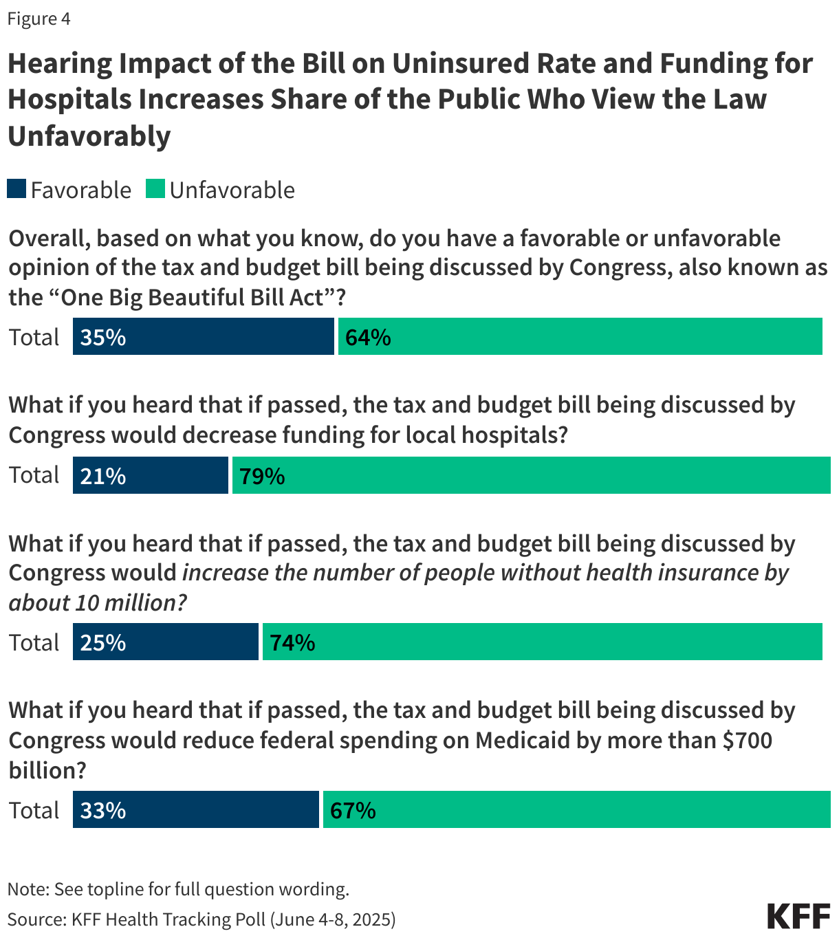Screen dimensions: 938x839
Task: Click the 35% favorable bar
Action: [x=203, y=337]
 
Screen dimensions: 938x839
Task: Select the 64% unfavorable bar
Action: [x=580, y=337]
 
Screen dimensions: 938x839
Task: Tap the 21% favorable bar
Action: [x=150, y=476]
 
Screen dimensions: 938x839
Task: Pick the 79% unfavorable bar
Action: [x=531, y=476]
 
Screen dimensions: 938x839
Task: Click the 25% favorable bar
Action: [x=165, y=642]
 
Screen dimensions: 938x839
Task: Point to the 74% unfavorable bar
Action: [x=542, y=642]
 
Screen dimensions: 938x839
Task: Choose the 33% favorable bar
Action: [x=195, y=810]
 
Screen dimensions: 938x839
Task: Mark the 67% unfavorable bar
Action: [x=576, y=810]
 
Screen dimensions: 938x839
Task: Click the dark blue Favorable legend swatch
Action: [x=17, y=189]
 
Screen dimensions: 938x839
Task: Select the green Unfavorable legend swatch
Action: [x=155, y=189]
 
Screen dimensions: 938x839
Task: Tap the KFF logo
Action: [x=798, y=916]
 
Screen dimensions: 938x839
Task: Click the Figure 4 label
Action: [x=39, y=19]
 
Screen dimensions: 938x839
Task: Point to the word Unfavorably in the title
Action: [x=89, y=136]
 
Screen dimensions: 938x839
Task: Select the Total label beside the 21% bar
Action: [x=34, y=475]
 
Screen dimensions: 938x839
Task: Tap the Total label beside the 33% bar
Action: [x=34, y=811]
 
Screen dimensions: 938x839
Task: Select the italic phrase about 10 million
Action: [x=97, y=603]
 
